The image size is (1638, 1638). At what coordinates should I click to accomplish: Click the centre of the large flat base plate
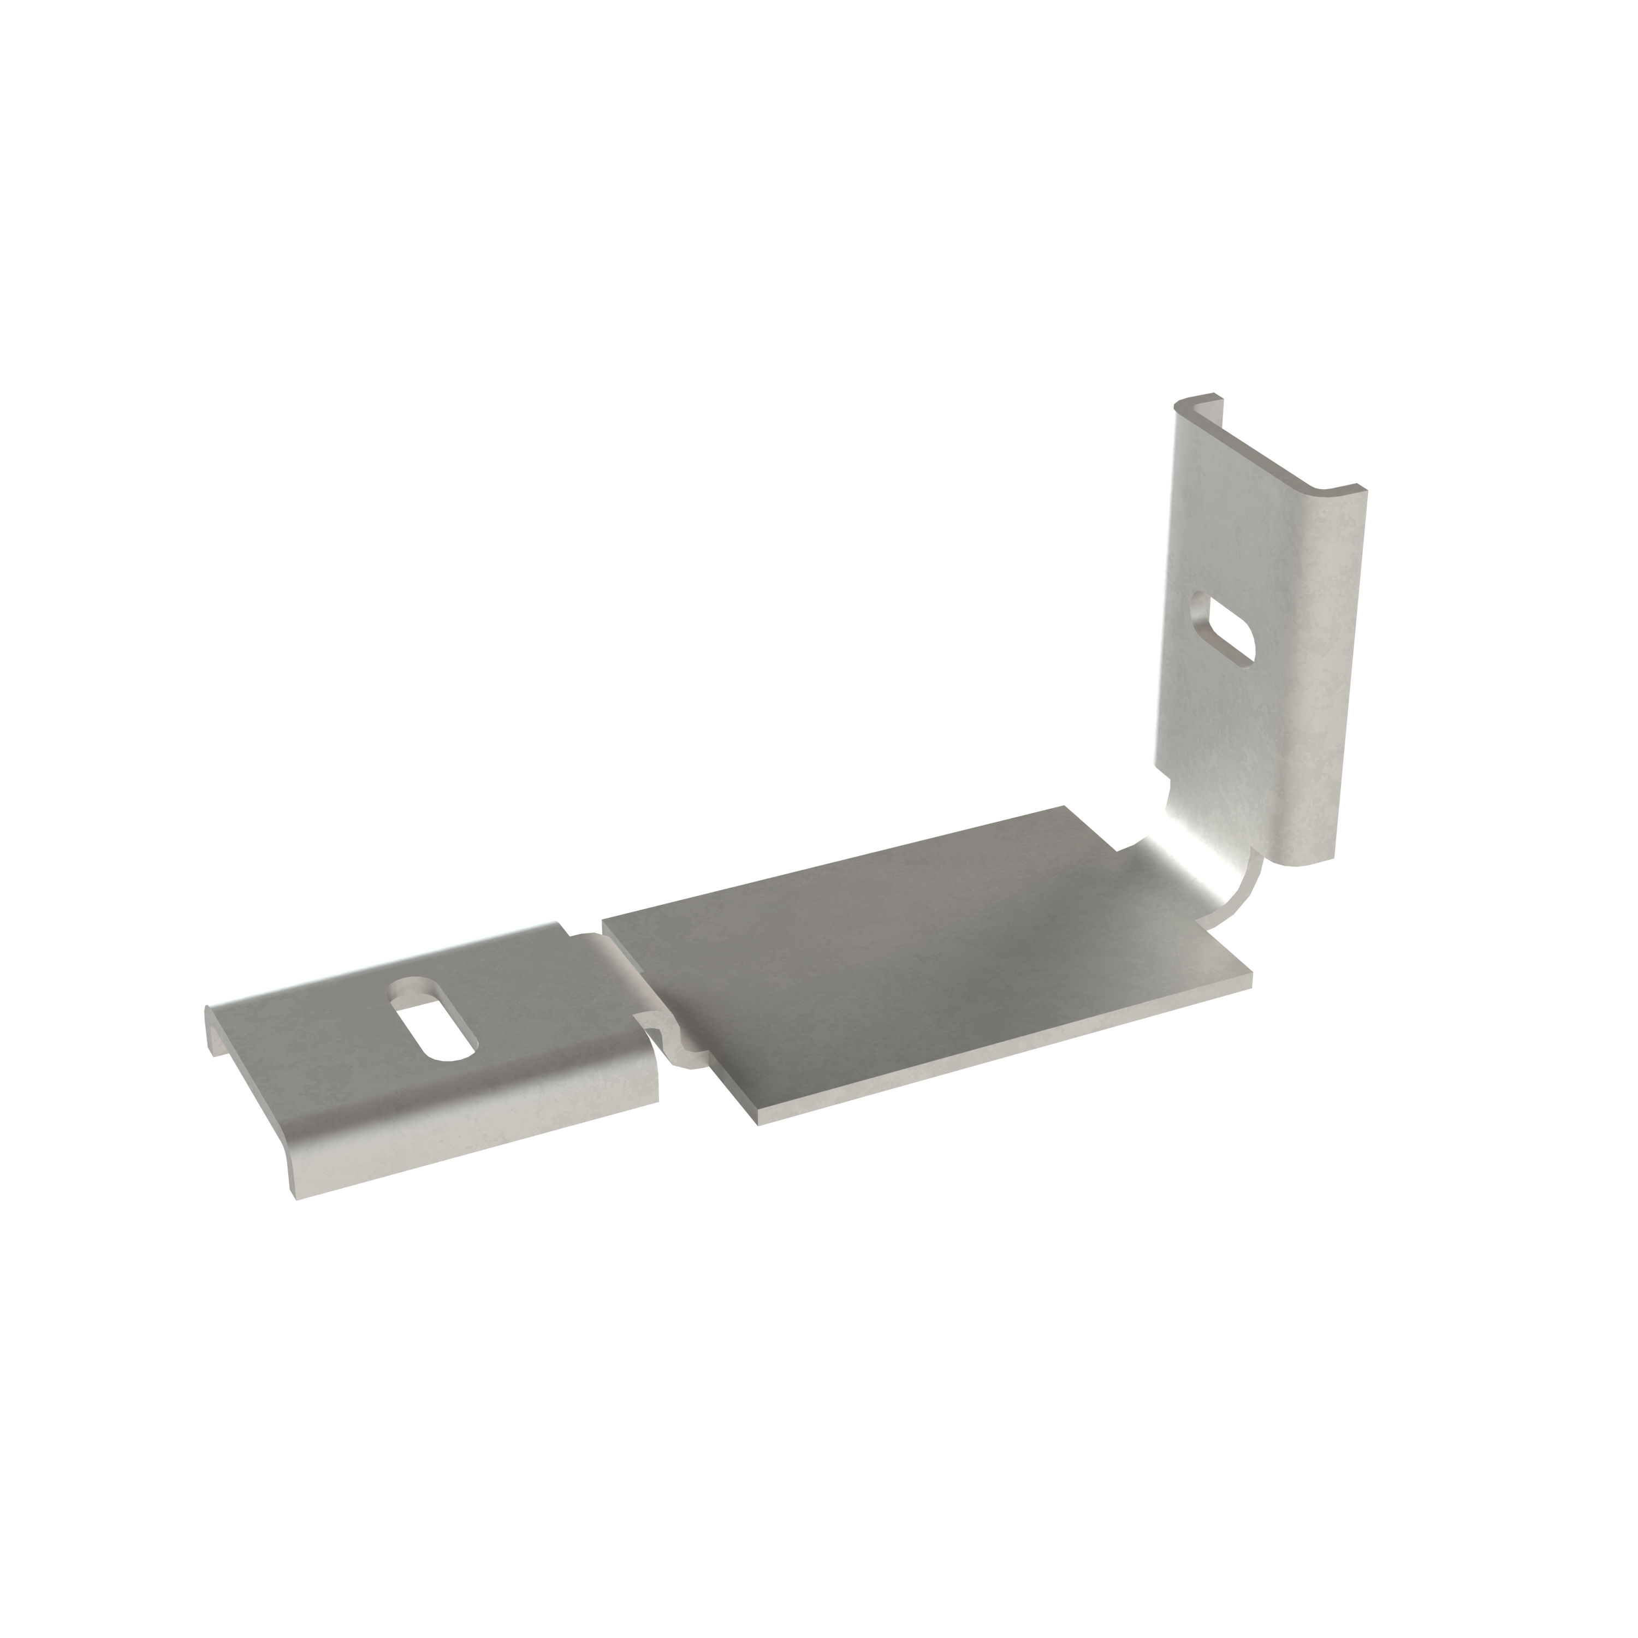(924, 966)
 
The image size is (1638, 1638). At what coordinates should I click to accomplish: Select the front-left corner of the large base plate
(757, 1120)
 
